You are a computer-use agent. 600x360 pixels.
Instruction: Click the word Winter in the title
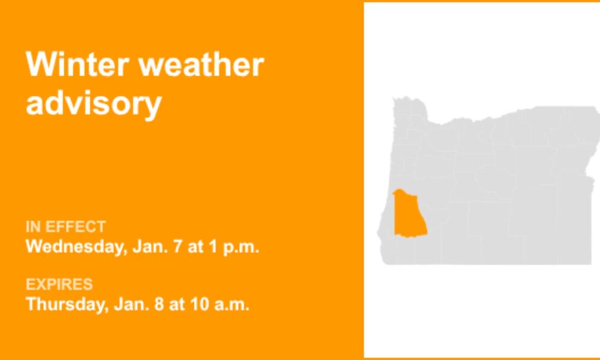[77, 64]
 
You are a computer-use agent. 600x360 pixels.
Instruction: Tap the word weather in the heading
[201, 64]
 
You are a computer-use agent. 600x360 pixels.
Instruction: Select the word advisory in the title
[94, 104]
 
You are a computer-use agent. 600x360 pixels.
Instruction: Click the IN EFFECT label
[65, 227]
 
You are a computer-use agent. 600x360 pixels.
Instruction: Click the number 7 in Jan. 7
[178, 247]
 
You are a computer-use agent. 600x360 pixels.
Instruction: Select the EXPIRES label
[59, 284]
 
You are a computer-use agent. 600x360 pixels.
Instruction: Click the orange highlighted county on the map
[409, 214]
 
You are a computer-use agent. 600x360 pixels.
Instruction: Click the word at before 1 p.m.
[196, 247]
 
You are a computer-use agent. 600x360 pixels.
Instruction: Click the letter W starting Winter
[38, 64]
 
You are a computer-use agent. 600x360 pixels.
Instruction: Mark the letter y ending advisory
[154, 107]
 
